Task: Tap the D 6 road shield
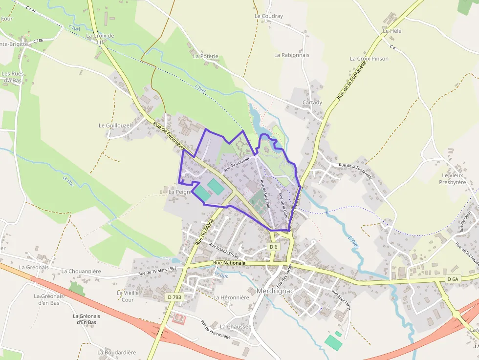click(x=274, y=247)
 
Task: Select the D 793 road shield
click(x=174, y=296)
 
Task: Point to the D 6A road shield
click(x=453, y=279)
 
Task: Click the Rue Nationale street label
click(x=230, y=263)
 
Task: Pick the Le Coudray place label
click(x=269, y=16)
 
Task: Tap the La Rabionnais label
click(x=292, y=55)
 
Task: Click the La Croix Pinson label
click(x=369, y=59)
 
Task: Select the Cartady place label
click(x=312, y=103)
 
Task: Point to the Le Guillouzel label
click(x=115, y=126)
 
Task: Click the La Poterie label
click(x=206, y=56)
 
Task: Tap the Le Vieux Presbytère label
click(x=453, y=179)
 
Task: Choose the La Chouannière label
click(x=81, y=271)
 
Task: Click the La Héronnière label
click(x=231, y=297)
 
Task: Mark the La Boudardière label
click(x=116, y=352)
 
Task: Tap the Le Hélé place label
click(x=392, y=31)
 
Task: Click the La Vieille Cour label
click(x=126, y=296)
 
